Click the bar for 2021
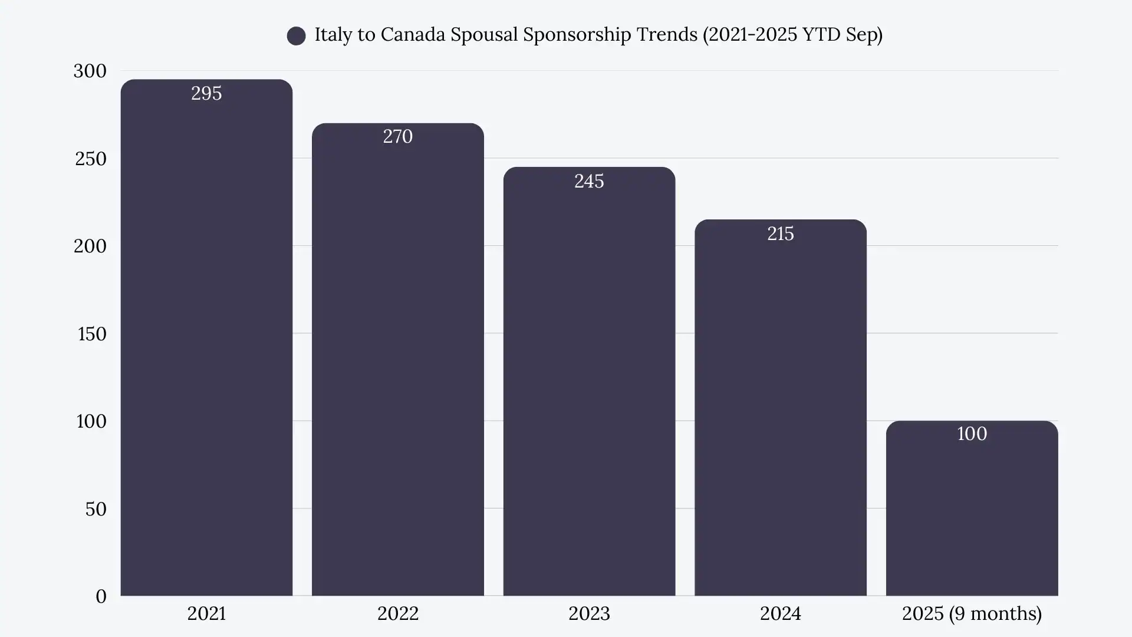coord(206,342)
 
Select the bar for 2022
coord(397,366)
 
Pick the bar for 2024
coord(780,413)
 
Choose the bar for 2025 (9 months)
coord(972,513)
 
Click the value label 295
coord(206,93)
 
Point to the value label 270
coord(397,137)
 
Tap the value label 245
coord(589,181)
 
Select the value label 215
coord(780,234)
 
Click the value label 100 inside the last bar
coord(972,434)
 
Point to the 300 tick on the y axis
coord(90,71)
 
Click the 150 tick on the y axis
coord(92,334)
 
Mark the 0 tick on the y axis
coord(101,596)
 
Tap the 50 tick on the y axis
coord(96,509)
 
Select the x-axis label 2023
coord(589,613)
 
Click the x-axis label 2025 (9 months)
coord(972,613)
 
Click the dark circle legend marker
coord(296,35)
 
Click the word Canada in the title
coord(413,34)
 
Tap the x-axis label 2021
coord(206,613)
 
